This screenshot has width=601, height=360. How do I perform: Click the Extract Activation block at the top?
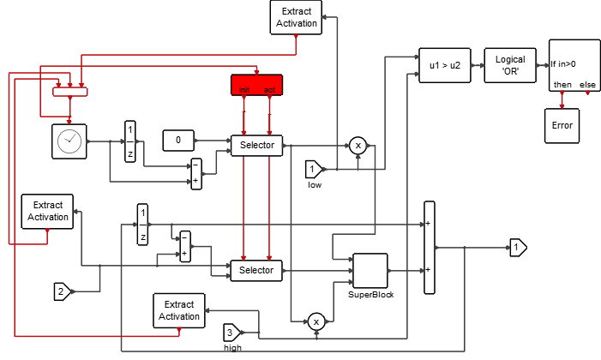(x=297, y=17)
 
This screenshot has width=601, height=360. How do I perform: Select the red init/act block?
(x=256, y=85)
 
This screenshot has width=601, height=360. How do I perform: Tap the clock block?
(x=69, y=141)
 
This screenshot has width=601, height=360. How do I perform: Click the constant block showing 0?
(x=178, y=139)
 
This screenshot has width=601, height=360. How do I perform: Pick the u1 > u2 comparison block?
(x=444, y=64)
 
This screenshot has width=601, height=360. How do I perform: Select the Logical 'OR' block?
(x=510, y=64)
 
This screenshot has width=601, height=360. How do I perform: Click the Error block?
(x=562, y=125)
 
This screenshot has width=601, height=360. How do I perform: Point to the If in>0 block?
(x=574, y=64)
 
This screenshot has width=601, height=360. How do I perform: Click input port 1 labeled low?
(x=314, y=169)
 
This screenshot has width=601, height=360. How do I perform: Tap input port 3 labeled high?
(x=233, y=333)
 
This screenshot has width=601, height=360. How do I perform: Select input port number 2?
(x=63, y=291)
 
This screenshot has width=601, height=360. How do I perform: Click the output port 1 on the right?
(x=518, y=249)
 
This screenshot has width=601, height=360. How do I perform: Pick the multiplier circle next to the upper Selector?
(x=358, y=146)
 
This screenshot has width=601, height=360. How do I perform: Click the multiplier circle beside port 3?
(x=316, y=321)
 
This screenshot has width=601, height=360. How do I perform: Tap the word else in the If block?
(x=588, y=84)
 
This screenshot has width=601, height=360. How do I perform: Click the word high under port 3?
(x=232, y=348)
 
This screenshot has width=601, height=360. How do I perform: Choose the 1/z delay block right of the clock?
(x=130, y=139)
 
